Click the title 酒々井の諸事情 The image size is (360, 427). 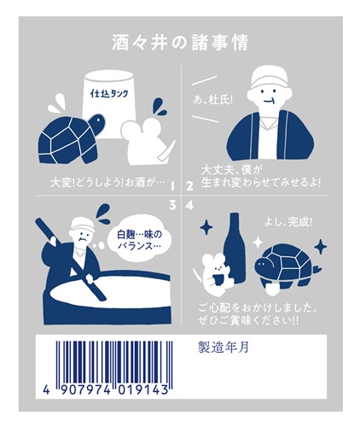coord(180,43)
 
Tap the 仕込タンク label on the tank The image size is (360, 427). coord(109,93)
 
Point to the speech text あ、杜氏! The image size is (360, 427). coord(212,100)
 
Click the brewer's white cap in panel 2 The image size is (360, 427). coord(269,78)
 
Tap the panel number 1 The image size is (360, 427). coord(172,186)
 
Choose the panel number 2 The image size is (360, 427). coord(189,186)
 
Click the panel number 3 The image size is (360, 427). coord(172,205)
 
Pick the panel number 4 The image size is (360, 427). coord(189,205)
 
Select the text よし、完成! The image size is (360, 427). coord(288,223)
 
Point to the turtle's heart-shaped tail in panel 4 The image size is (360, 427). coord(318,269)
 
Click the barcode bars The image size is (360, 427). coord(113,362)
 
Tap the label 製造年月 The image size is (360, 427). coord(224,348)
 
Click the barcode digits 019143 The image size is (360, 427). coord(143,389)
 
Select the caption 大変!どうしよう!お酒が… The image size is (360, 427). coord(107,183)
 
